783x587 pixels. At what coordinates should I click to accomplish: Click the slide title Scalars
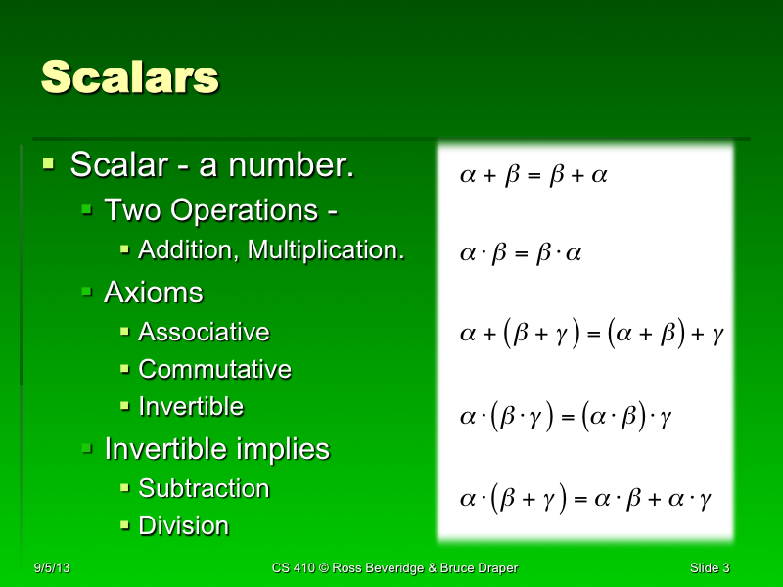[129, 77]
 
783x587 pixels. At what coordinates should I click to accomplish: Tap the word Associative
[204, 333]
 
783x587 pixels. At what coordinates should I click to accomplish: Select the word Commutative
[214, 370]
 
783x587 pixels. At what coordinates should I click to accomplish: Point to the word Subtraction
[204, 488]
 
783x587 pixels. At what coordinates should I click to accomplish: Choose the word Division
[184, 526]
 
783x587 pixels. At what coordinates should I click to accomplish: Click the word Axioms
[153, 293]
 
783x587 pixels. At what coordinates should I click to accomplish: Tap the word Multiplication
[326, 250]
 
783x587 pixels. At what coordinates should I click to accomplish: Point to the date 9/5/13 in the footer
[51, 568]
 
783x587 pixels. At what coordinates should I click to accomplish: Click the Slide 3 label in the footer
[710, 568]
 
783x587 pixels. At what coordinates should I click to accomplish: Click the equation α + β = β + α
[533, 176]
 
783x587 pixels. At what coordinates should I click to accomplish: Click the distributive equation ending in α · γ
[584, 499]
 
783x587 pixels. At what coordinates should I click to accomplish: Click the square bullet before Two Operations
[87, 208]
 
